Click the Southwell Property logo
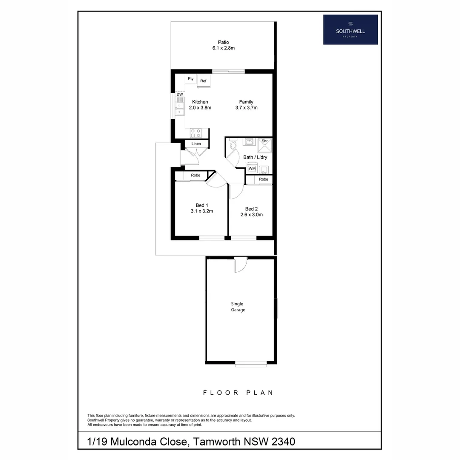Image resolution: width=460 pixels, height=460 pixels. point(350,29)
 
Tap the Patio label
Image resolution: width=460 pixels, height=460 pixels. point(223,42)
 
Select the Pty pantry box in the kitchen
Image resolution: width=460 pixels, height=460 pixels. point(190,79)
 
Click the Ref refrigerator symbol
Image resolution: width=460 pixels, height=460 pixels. point(203,81)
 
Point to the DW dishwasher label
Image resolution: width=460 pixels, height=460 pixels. point(180,95)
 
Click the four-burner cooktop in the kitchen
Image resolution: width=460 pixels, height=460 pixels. point(195,133)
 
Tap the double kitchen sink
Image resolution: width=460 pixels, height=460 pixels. point(180,106)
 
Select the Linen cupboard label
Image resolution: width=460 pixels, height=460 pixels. point(196,144)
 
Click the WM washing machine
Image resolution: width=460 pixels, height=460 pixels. point(252,169)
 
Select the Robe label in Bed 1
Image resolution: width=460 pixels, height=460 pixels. point(195,175)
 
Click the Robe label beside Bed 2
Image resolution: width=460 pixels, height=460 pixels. point(264,179)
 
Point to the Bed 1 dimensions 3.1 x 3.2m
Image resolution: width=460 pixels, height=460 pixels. point(201,211)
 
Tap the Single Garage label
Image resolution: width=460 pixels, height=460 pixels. point(238,307)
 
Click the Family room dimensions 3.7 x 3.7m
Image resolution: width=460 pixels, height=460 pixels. point(246,108)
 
